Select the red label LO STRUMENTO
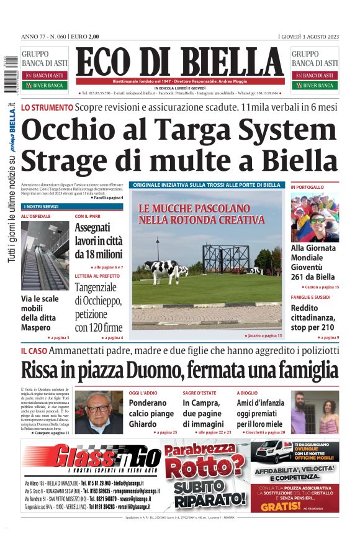click(47, 107)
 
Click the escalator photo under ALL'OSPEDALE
click(45, 255)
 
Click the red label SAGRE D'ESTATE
click(199, 393)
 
